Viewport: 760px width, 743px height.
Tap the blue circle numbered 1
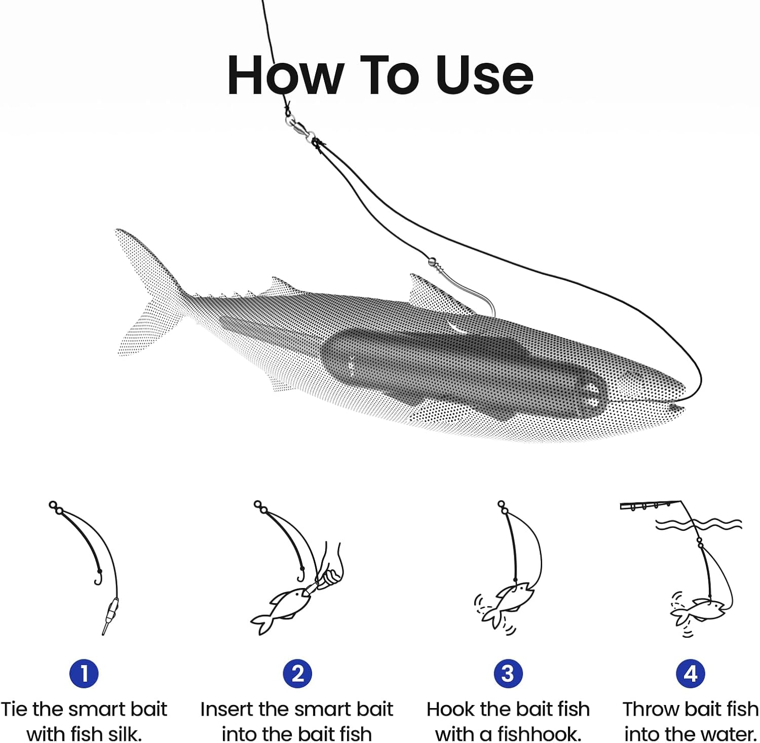click(84, 673)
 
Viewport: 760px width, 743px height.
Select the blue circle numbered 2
click(297, 673)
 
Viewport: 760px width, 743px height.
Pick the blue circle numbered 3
click(508, 673)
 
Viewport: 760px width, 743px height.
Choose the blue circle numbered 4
click(690, 673)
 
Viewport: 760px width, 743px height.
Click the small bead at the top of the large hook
click(432, 262)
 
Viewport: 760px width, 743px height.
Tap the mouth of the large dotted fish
click(676, 407)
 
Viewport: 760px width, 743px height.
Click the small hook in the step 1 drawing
click(98, 577)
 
